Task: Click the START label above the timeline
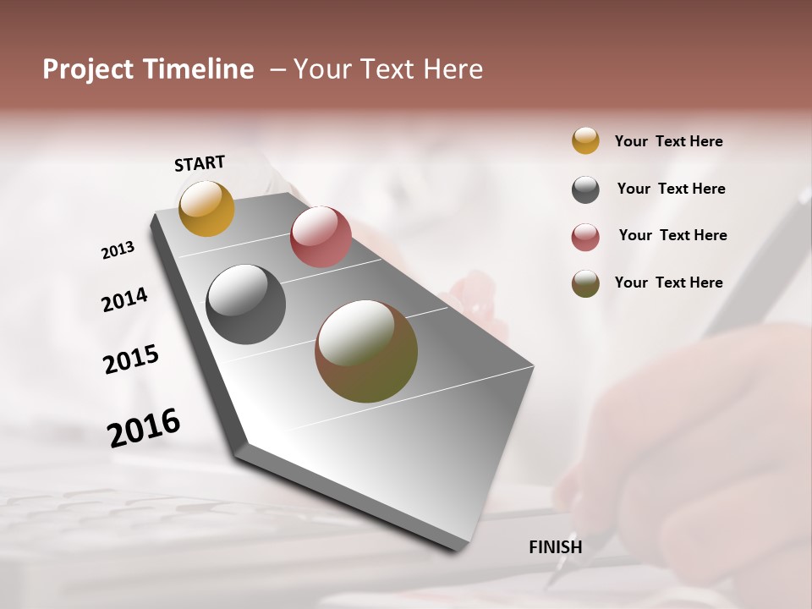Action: [200, 163]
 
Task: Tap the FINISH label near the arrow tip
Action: [555, 547]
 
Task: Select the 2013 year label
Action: [118, 250]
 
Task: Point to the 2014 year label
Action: [124, 299]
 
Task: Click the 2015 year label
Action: [131, 359]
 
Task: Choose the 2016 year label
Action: [144, 427]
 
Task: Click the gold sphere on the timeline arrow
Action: [206, 208]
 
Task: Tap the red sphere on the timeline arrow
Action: [321, 237]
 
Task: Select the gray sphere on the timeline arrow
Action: [246, 304]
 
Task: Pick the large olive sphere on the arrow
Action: [366, 351]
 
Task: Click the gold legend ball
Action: [585, 140]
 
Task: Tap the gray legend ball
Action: [585, 189]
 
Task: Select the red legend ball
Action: [585, 237]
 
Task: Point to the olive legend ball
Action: [585, 283]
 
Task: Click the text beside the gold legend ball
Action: [668, 141]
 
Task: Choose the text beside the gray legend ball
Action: [671, 189]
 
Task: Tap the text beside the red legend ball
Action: [672, 235]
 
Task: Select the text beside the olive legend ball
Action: [668, 283]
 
